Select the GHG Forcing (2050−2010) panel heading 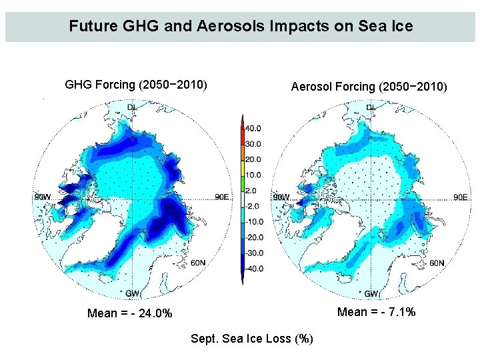tap(136, 85)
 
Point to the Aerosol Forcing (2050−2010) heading tap(369, 87)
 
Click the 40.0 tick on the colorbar tap(254, 128)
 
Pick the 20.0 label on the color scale tap(254, 159)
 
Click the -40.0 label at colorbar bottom tap(253, 269)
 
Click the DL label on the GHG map tap(133, 107)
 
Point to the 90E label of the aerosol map tap(460, 197)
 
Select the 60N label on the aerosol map tap(437, 263)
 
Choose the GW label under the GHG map tap(133, 293)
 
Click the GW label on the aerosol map tap(371, 293)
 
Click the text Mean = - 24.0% tap(130, 313)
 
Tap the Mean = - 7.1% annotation tap(377, 312)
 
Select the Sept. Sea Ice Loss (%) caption tap(252, 339)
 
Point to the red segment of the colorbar tap(243, 130)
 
